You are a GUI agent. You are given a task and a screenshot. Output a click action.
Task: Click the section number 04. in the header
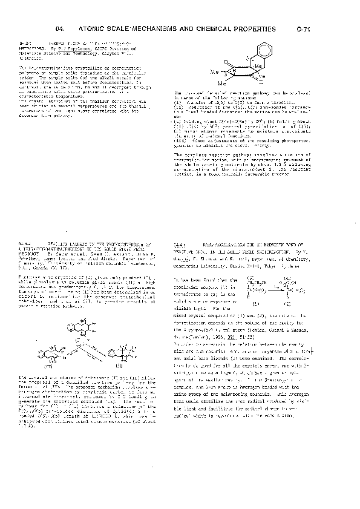tap(59, 28)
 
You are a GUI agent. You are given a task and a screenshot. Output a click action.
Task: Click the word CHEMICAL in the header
tap(226, 28)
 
